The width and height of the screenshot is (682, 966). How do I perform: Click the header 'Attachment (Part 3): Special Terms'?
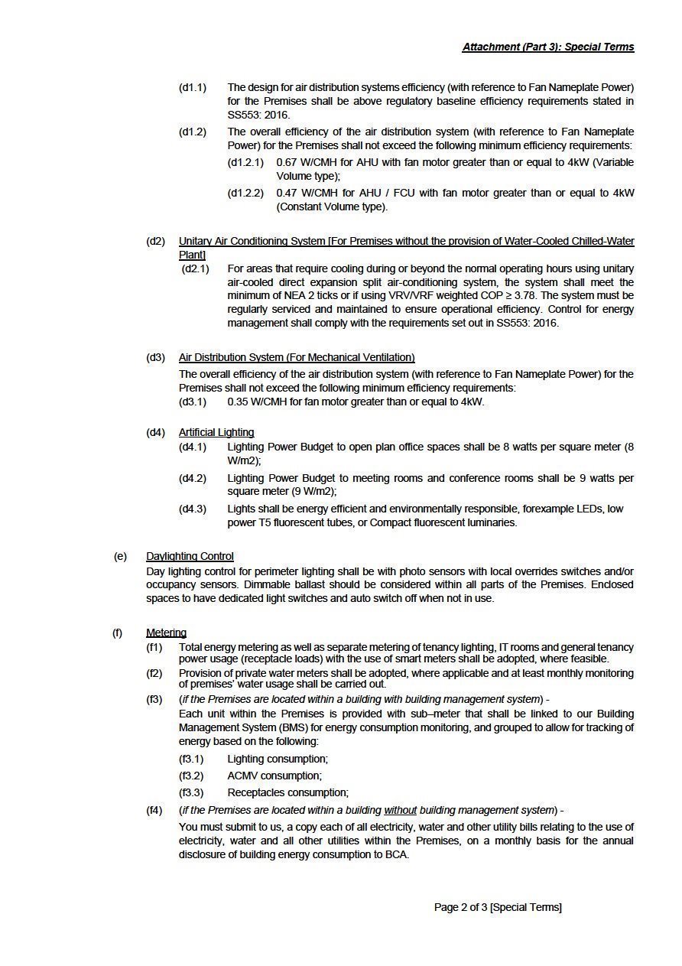point(547,47)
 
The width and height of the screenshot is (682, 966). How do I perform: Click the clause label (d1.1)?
point(193,87)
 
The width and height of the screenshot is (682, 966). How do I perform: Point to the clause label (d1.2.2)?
point(245,193)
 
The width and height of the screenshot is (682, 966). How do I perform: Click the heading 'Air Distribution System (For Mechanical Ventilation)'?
point(297,357)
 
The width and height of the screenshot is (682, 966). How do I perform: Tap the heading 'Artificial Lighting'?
point(216,432)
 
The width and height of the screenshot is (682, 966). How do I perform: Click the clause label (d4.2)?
point(193,478)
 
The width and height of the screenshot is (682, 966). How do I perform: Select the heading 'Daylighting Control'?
point(190,556)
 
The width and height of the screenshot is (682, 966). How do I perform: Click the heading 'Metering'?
point(166,633)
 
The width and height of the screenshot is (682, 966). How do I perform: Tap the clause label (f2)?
point(154,673)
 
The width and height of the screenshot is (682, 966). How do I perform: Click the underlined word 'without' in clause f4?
point(400,810)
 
